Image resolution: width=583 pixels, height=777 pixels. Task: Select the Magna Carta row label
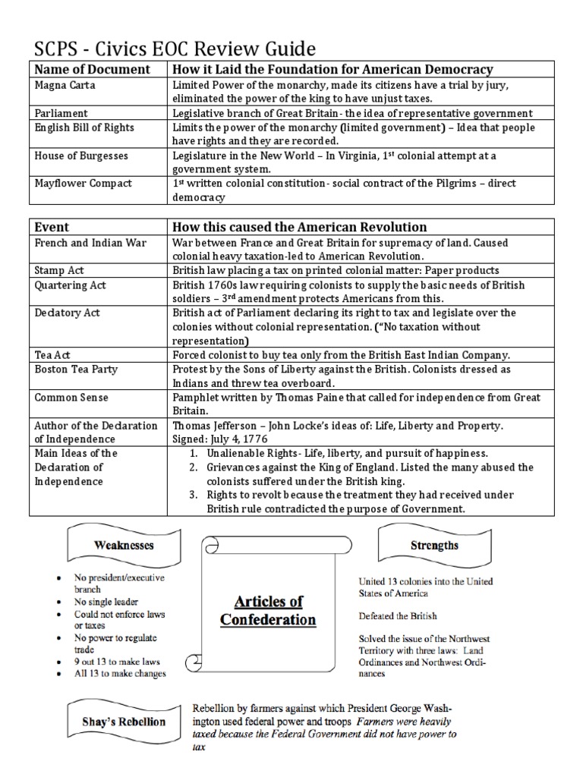[65, 86]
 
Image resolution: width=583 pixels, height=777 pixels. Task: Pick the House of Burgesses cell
[81, 156]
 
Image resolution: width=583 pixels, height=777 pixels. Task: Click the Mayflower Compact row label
[84, 183]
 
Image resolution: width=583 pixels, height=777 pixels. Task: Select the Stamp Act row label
[61, 269]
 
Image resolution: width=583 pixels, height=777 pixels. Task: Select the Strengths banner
[434, 545]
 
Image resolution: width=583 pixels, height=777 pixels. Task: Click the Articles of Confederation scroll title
[267, 610]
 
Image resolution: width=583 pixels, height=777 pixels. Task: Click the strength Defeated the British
[398, 615]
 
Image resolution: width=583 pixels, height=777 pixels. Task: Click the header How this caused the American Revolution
[300, 227]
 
